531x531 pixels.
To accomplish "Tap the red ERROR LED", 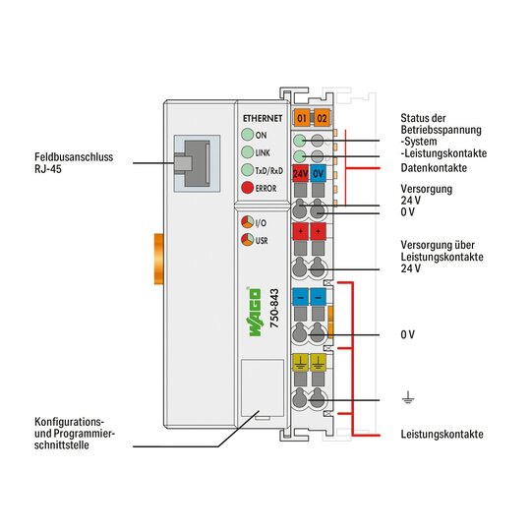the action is [x=248, y=188].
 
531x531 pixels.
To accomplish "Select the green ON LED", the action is [x=248, y=135].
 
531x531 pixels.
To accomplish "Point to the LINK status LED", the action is [x=248, y=152].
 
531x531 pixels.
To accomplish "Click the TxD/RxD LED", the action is [x=248, y=170].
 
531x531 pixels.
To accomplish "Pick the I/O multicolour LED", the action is [x=247, y=222].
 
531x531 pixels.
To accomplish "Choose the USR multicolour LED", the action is [x=247, y=240].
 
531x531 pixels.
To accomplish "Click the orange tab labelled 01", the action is [x=302, y=118].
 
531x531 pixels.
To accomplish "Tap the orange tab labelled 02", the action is [x=322, y=118].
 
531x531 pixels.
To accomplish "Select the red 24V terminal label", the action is [x=300, y=173].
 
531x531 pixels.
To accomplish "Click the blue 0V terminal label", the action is [x=318, y=173].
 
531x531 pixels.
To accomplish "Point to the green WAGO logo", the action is [x=255, y=312].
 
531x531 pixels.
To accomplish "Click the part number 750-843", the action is [x=274, y=308].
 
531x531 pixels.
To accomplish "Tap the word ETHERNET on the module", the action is [x=263, y=118].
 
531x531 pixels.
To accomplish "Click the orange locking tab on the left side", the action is [x=159, y=259].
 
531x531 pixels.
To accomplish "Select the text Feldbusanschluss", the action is [x=74, y=157].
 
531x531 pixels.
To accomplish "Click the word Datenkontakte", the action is [x=434, y=167].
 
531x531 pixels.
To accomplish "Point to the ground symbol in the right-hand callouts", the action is [x=408, y=397].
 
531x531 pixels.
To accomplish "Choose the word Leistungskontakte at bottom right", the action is [x=442, y=434].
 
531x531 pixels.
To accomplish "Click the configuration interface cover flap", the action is [x=263, y=387].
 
